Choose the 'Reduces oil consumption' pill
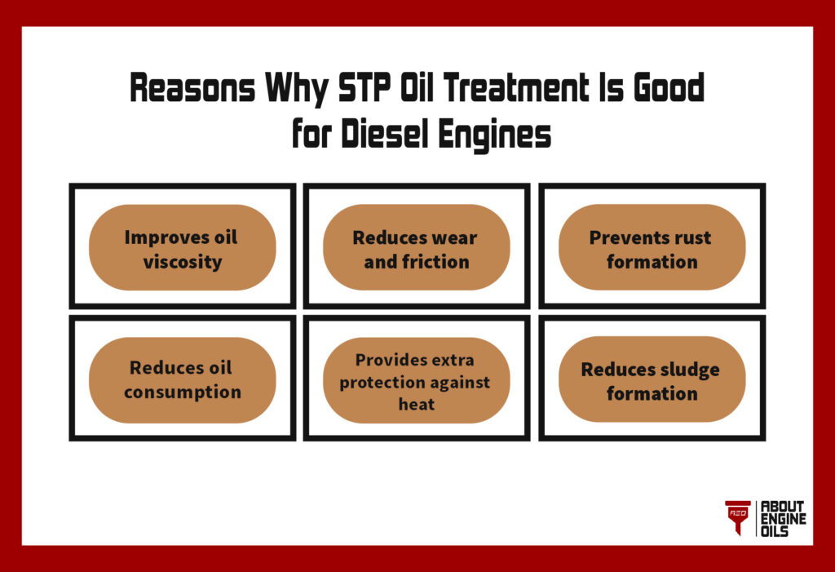[182, 379]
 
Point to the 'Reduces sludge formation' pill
[651, 379]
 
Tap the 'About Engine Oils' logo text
[782, 518]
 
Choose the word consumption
[183, 392]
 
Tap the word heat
[416, 405]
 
